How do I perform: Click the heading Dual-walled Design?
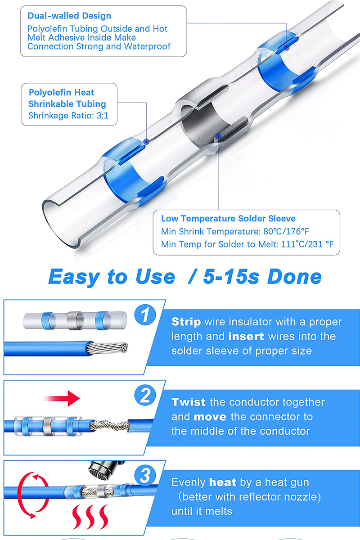(69, 16)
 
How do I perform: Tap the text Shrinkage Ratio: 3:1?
(68, 116)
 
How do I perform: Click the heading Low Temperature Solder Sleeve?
(228, 218)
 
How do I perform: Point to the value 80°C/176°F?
(286, 231)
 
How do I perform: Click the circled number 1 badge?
(145, 315)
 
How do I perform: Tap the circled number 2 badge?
(145, 395)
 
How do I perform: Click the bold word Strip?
(186, 322)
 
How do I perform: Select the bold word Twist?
(189, 402)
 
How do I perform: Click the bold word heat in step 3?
(223, 482)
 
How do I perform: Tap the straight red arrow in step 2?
(63, 398)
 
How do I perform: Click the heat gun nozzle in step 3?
(106, 470)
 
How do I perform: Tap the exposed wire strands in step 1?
(108, 348)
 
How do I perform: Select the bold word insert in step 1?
(246, 337)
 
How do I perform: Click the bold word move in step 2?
(210, 417)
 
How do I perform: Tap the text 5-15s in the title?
(231, 276)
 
